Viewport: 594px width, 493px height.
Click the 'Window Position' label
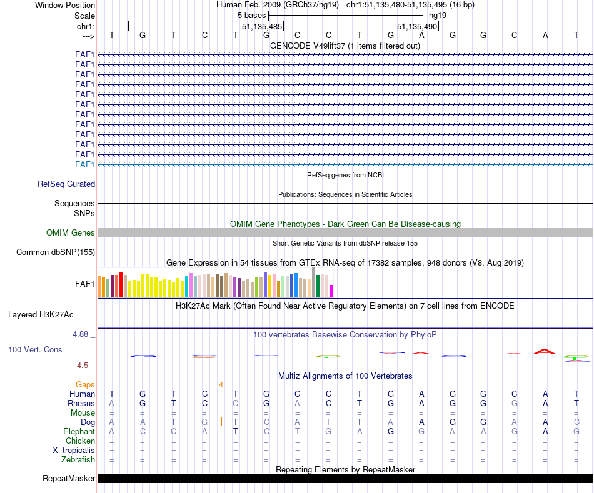(65, 5)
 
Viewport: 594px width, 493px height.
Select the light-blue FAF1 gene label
(85, 164)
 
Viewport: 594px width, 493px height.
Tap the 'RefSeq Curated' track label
(66, 184)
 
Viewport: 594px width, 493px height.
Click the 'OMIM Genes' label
(71, 233)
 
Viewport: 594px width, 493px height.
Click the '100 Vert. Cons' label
(35, 350)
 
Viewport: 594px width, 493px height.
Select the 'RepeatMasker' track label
(69, 479)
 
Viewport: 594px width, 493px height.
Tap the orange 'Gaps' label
(85, 384)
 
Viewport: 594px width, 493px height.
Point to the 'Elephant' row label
(79, 432)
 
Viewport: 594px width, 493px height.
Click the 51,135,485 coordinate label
(262, 27)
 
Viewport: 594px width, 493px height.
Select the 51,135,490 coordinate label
(417, 27)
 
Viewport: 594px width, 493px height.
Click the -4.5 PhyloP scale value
(83, 366)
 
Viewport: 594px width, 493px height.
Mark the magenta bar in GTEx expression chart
(331, 291)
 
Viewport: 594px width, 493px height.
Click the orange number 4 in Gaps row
(221, 384)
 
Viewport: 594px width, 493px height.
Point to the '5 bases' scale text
(251, 15)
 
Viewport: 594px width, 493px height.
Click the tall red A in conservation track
(545, 352)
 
